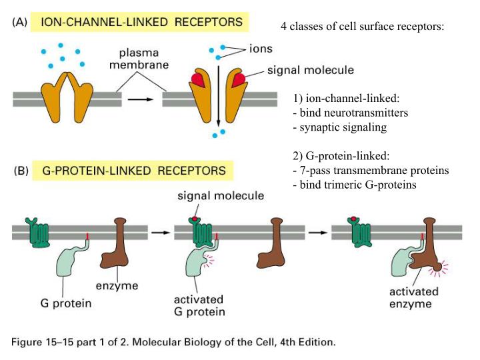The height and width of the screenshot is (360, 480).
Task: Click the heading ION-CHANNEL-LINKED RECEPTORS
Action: click(141, 22)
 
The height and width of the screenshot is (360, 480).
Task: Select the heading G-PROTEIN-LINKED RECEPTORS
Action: click(133, 171)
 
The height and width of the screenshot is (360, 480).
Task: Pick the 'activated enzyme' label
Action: click(415, 298)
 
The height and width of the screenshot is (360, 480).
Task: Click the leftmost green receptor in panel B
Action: click(37, 231)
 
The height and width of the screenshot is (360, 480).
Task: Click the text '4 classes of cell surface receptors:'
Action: click(363, 27)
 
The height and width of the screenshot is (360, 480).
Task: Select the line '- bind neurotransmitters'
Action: click(350, 112)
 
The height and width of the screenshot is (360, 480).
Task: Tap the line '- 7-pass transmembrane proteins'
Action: click(371, 170)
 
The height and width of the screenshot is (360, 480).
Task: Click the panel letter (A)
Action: click(21, 22)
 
